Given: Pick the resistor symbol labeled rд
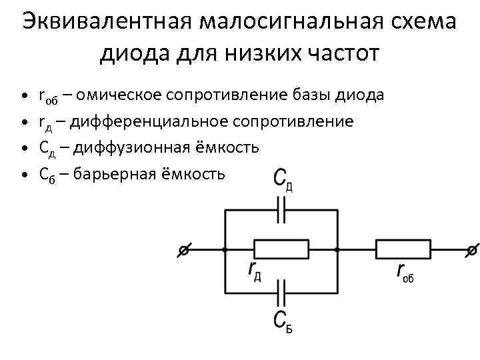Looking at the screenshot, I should pyautogui.click(x=283, y=250).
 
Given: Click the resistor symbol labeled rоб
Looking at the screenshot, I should pyautogui.click(x=403, y=250).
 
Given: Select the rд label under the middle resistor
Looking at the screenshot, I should pyautogui.click(x=254, y=271).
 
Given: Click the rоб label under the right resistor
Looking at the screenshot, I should pyautogui.click(x=405, y=272).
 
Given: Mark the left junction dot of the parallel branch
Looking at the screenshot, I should pyautogui.click(x=225, y=250).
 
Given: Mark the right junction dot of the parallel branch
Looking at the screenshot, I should pyautogui.click(x=337, y=250).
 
